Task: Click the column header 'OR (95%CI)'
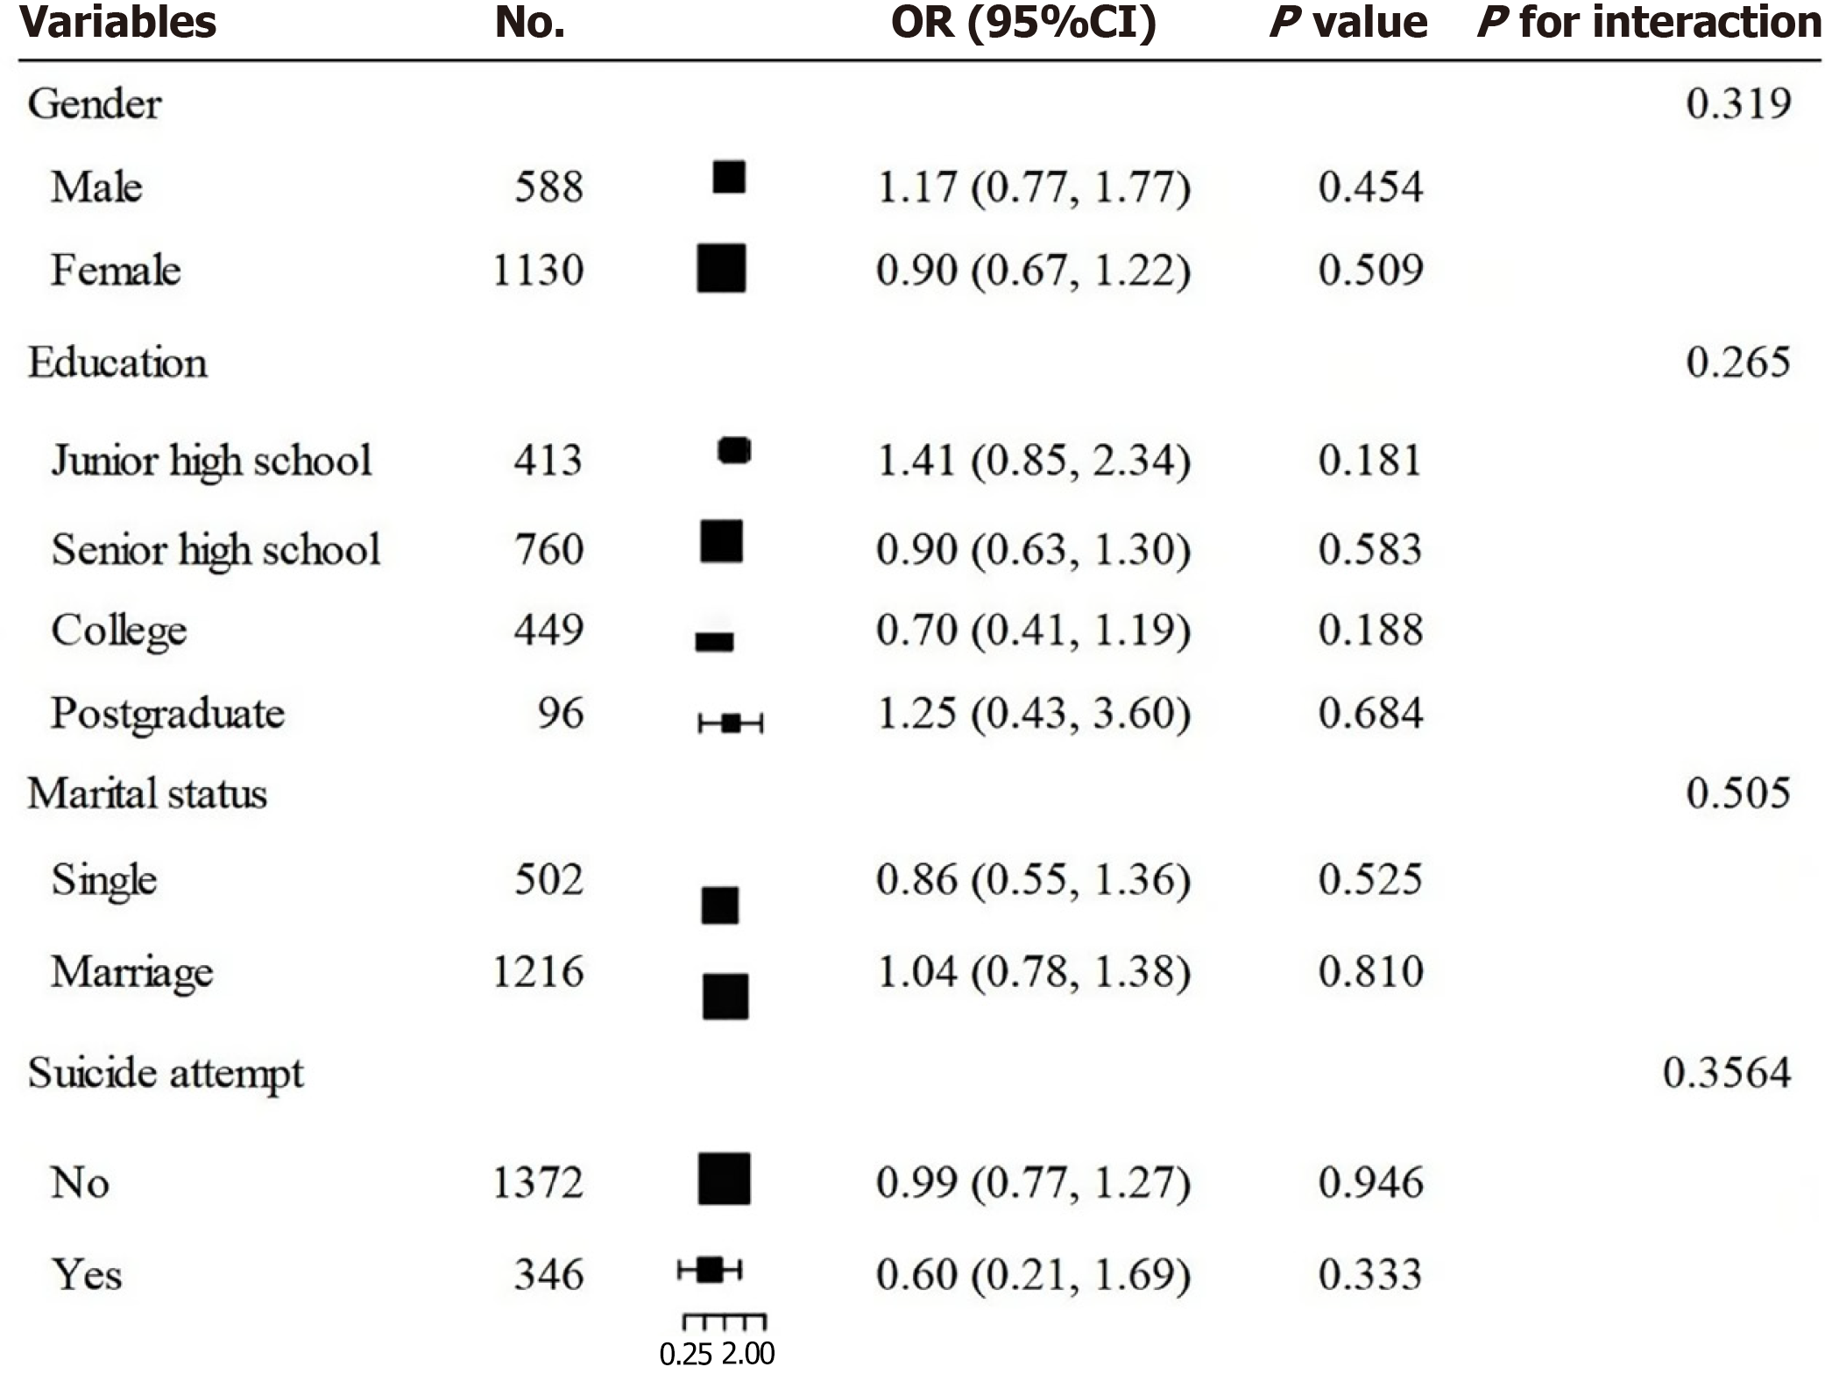1022,23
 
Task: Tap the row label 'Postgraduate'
167,713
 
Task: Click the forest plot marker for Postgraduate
731,723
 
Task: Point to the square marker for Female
721,268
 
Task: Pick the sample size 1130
537,270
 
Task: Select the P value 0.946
1370,1182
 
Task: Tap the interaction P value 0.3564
1726,1073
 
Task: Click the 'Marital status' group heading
147,793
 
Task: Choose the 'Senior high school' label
216,550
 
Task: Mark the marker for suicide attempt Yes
711,1270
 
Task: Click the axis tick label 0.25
686,1355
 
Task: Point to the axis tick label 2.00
748,1355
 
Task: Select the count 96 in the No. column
560,713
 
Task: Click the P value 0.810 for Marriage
1370,971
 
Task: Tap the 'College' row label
119,631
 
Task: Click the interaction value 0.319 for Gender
1737,103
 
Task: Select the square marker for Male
729,177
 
